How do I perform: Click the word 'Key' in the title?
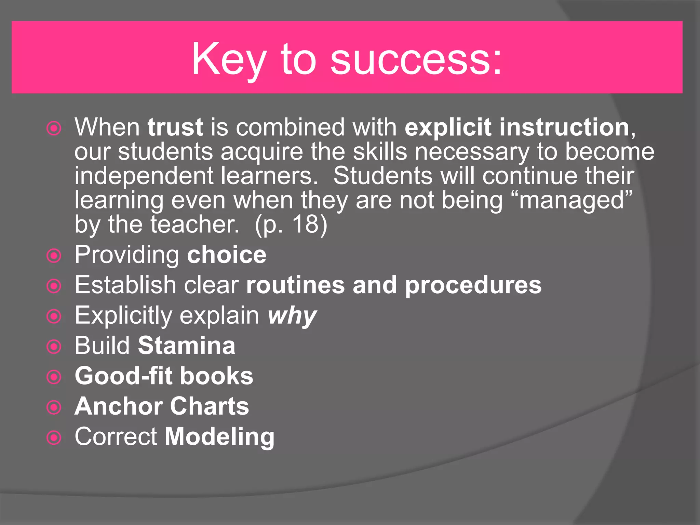click(x=229, y=60)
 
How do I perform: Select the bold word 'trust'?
click(x=175, y=127)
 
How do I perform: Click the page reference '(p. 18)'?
click(x=291, y=225)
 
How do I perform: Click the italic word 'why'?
click(x=292, y=316)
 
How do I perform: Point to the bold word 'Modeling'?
click(x=219, y=437)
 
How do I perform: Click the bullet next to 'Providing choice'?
click(x=54, y=256)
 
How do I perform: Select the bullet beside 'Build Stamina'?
click(x=54, y=347)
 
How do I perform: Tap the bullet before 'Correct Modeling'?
click(x=54, y=437)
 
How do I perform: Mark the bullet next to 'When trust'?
click(x=54, y=129)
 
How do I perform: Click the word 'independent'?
click(x=144, y=176)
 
